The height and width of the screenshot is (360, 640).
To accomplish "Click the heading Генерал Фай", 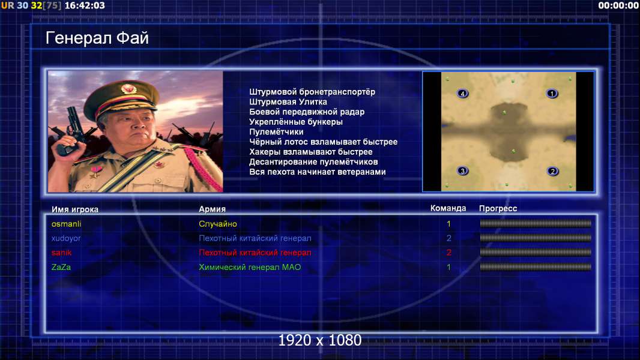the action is click(97, 38).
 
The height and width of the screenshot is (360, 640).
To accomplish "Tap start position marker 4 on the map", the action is click(462, 94).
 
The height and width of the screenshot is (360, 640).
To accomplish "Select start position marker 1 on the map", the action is click(552, 94).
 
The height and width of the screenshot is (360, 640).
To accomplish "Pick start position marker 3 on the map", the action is click(462, 171).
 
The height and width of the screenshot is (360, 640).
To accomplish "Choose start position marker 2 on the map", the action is click(553, 171).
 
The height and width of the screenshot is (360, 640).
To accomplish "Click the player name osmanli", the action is click(66, 224).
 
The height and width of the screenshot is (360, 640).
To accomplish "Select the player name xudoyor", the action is click(65, 238).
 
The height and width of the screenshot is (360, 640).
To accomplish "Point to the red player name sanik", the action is click(62, 253).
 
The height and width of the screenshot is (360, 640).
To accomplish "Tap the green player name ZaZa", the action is click(61, 267).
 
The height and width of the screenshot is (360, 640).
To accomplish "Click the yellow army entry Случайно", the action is click(217, 224).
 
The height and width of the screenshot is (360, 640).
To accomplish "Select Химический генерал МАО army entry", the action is click(250, 267).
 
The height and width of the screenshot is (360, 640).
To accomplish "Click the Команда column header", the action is click(448, 208).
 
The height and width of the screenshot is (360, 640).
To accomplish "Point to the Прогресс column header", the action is click(498, 209).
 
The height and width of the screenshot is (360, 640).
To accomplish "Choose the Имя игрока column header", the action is click(74, 209).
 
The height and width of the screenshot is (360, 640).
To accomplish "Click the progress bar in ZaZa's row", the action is click(536, 267).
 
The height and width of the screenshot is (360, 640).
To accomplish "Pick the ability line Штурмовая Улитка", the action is click(288, 102).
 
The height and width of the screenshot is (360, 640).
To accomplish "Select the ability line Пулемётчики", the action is click(276, 131).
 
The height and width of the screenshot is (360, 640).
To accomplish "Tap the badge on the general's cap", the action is click(128, 88).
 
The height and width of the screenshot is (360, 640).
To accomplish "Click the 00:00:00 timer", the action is click(618, 5).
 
